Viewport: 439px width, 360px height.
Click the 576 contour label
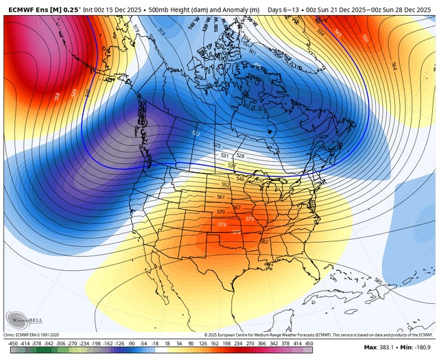point(221,225)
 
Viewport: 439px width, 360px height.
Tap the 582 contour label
point(264,241)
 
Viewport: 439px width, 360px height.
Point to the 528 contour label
point(240,156)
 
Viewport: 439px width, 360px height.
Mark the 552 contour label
point(226,185)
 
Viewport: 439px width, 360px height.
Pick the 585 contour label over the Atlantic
point(379,280)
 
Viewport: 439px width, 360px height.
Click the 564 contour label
point(394,66)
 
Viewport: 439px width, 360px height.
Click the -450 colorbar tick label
point(11,343)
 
